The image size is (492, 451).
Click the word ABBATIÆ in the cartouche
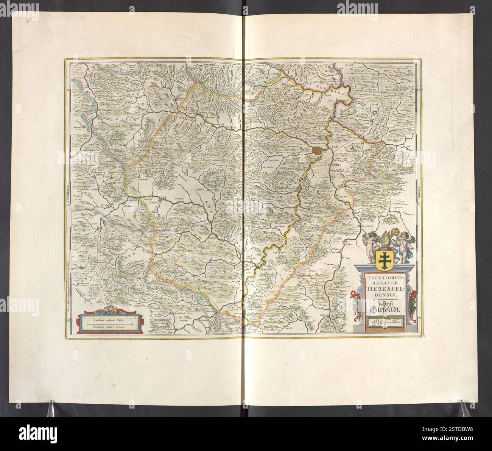point(385,282)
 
